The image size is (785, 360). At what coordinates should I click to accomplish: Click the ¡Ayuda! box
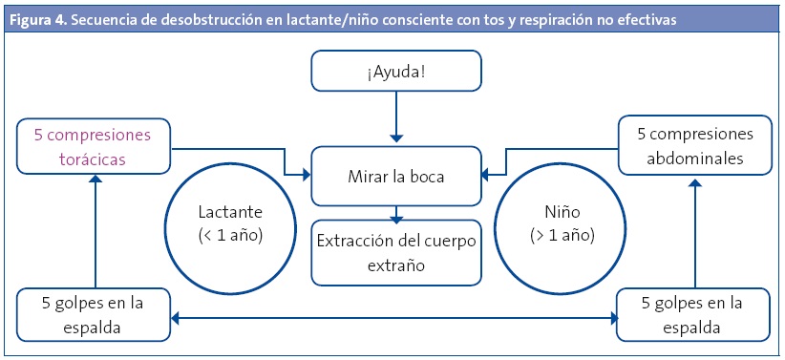point(396,71)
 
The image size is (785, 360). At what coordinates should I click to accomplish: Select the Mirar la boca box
point(396,176)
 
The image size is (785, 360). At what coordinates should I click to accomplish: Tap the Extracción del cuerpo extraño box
point(396,252)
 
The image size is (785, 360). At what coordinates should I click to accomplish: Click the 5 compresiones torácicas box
point(94,146)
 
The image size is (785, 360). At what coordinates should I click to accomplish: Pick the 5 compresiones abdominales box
point(695,145)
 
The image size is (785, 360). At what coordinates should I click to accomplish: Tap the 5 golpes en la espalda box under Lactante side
point(94,315)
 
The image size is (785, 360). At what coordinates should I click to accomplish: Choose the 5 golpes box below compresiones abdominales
point(693,315)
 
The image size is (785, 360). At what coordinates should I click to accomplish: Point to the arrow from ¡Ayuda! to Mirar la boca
point(396,117)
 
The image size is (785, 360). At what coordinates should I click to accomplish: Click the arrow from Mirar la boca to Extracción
point(396,214)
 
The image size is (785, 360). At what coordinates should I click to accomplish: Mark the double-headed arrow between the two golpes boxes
point(393,318)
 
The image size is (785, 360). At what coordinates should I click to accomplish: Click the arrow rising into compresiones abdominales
point(695,233)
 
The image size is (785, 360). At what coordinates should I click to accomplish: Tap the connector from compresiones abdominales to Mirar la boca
point(505,149)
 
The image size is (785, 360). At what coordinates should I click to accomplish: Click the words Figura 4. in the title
point(37,20)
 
